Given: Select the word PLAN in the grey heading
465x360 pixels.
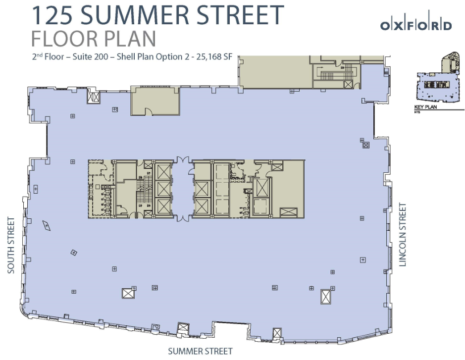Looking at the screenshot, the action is click(129, 38).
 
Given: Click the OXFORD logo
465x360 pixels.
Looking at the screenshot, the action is click(416, 25).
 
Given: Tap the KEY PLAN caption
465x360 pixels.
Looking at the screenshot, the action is click(425, 107).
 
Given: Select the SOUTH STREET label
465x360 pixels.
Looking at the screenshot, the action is click(11, 245).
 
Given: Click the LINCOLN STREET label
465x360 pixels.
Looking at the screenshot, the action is click(403, 235).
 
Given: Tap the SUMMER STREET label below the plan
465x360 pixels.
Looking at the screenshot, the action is click(200, 352).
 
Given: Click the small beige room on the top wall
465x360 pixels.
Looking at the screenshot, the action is click(155, 101).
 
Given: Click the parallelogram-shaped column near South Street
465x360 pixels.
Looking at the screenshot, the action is click(47, 225).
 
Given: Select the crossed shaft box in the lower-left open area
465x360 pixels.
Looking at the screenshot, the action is click(128, 293).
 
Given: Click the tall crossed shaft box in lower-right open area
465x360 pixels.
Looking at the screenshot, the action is click(326, 297).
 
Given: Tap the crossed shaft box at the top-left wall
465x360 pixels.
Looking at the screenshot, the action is click(94, 97).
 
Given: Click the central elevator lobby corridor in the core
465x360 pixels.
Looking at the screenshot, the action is click(183, 189).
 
